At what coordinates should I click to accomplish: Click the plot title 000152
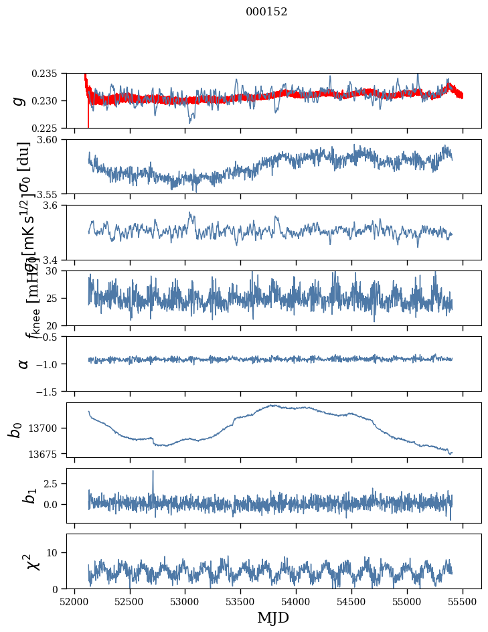pyautogui.click(x=266, y=11)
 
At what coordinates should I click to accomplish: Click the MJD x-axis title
pyautogui.click(x=273, y=617)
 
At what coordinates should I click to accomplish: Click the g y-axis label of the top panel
pyautogui.click(x=20, y=100)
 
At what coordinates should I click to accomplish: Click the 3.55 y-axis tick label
pyautogui.click(x=50, y=193)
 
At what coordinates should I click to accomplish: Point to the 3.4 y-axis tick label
pyautogui.click(x=52, y=259)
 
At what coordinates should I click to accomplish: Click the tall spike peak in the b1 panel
pyautogui.click(x=153, y=471)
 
